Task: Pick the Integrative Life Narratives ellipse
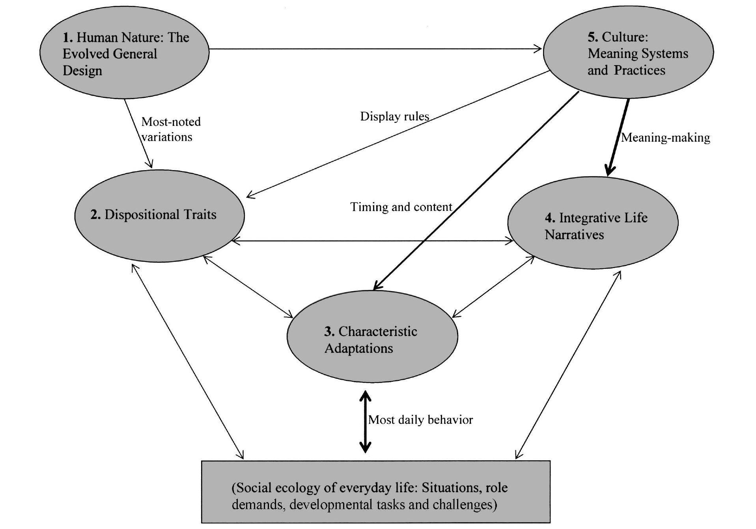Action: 593,223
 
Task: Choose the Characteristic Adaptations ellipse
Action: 372,337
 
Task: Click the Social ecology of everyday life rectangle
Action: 375,491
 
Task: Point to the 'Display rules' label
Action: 394,116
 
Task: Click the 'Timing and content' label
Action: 401,207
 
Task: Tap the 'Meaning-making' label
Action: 666,138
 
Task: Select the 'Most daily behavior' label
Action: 420,420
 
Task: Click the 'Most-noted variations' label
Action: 171,129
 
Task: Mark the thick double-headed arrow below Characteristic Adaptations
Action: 365,422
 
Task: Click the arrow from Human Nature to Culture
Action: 375,49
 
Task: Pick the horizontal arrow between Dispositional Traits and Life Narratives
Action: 372,241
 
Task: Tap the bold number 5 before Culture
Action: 592,37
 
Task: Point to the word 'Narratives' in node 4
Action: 574,235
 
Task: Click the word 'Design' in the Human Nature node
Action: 82,71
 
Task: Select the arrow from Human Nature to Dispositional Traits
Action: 138,133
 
